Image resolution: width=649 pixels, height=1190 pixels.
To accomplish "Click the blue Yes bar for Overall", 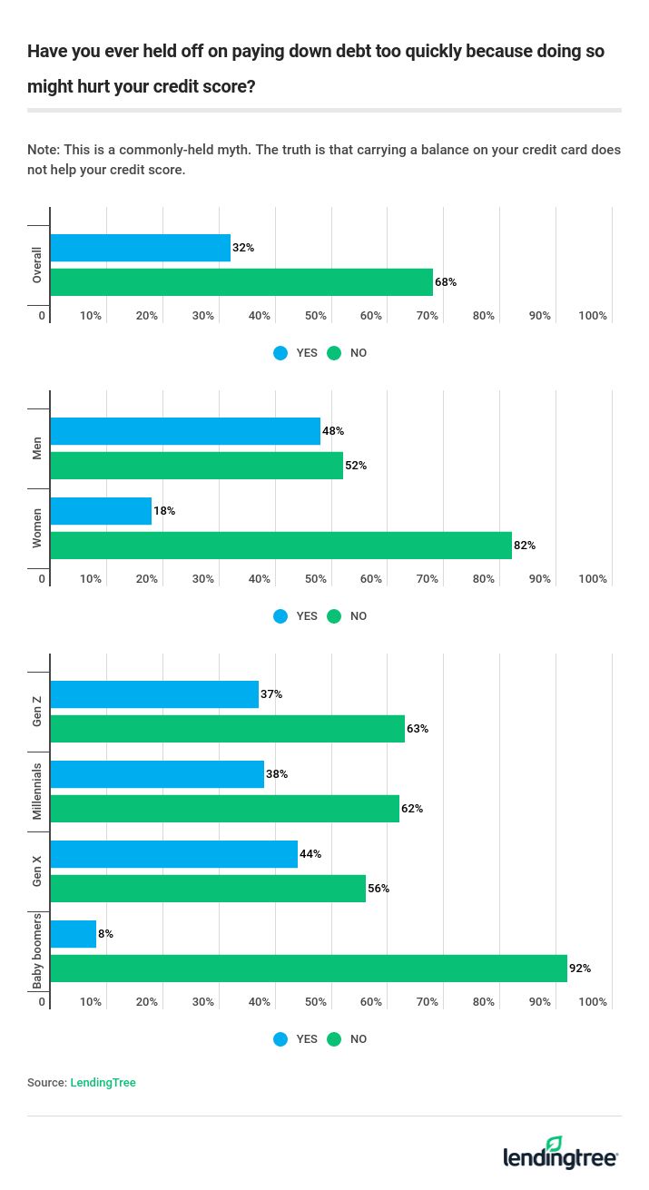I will click(140, 248).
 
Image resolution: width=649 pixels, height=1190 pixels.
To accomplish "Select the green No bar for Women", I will click(280, 546).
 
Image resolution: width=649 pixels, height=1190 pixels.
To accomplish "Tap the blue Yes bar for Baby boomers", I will click(73, 934).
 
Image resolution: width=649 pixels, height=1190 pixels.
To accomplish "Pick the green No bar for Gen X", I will click(208, 889).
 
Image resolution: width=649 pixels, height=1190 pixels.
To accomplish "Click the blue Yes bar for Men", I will click(185, 431).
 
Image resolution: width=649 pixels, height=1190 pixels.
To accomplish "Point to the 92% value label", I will click(580, 969).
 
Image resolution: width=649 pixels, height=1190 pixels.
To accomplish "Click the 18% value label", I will click(164, 511).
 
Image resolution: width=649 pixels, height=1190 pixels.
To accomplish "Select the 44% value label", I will click(310, 854).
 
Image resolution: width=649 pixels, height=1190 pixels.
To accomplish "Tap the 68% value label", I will click(446, 282).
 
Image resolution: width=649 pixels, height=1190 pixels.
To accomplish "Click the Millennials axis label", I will click(37, 792).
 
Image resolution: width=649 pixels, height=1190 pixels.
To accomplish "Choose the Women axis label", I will click(37, 528).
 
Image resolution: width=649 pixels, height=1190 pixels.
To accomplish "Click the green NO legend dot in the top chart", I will click(334, 353).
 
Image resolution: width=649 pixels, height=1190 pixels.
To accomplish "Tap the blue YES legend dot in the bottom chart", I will click(280, 1039).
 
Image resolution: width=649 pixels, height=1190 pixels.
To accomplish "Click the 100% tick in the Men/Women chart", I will click(593, 579).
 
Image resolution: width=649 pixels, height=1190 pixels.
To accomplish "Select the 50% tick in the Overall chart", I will click(315, 316).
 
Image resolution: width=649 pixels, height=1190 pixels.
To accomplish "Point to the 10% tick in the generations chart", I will click(91, 1002).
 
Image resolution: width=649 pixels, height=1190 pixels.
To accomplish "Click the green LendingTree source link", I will click(103, 1083).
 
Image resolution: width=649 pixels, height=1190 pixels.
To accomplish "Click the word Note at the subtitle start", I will click(42, 150).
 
